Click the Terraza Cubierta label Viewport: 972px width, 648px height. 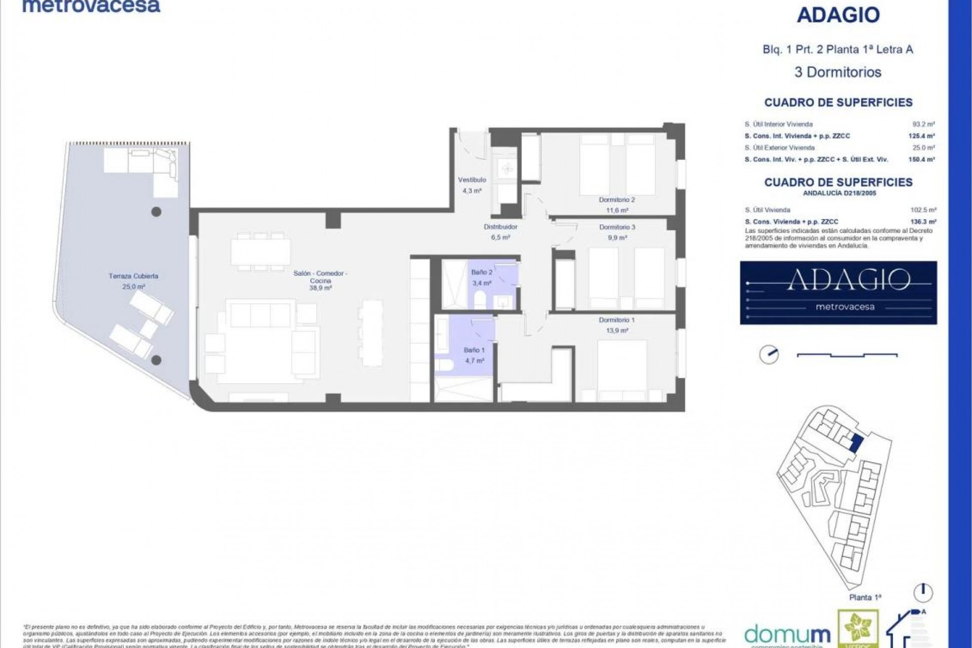[133, 276]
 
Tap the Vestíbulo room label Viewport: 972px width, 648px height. [472, 180]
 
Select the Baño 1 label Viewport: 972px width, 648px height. [474, 350]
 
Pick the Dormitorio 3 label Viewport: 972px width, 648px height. [617, 227]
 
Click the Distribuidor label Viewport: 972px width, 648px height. [500, 227]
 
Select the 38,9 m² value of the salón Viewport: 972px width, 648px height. [320, 288]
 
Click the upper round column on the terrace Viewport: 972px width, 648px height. [156, 212]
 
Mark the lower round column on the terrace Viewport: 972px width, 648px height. [157, 360]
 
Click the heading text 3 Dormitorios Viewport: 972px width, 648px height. [838, 72]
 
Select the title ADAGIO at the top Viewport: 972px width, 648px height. [838, 16]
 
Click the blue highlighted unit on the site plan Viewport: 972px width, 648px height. [855, 444]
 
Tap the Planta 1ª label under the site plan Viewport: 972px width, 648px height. [865, 597]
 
